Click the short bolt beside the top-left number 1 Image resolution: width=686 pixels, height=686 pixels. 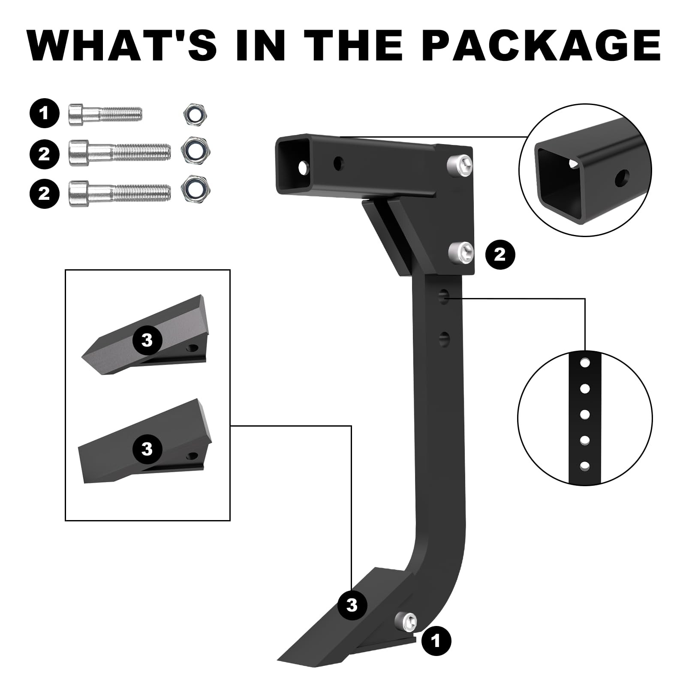pos(105,114)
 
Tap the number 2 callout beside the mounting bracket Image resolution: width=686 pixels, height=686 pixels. pos(499,255)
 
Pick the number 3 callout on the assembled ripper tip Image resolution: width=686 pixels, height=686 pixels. pos(352,605)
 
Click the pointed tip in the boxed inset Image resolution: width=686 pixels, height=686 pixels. pos(144,335)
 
